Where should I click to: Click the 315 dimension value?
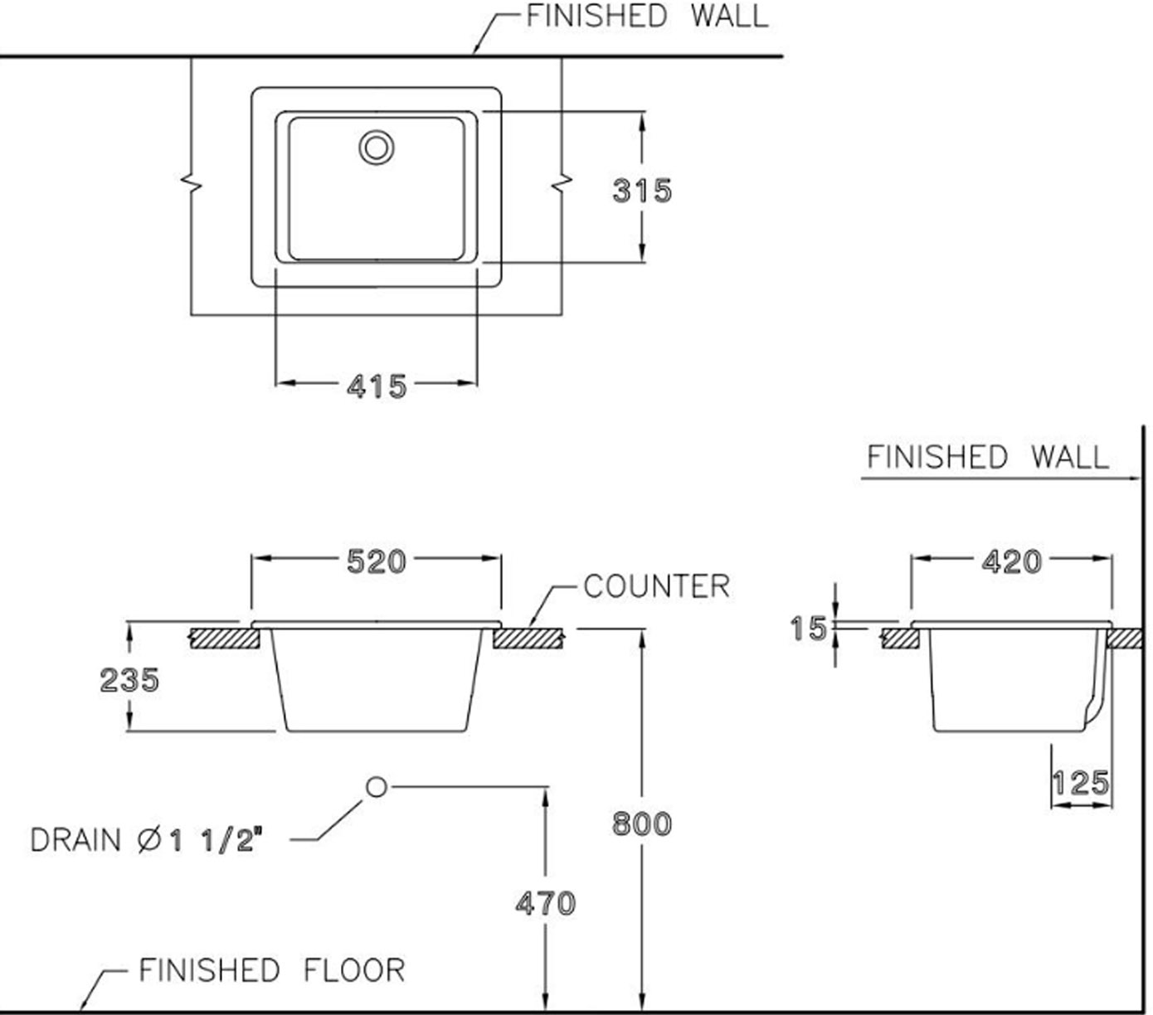[641, 191]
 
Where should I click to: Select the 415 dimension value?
[377, 386]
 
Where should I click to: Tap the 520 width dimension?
[376, 561]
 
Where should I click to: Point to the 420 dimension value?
[1011, 562]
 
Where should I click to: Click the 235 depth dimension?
[129, 680]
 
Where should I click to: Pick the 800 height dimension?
[641, 823]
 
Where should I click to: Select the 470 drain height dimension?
[545, 903]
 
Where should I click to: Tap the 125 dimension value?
[1080, 783]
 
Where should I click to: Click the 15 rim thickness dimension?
[808, 629]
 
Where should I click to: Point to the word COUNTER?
[657, 586]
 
